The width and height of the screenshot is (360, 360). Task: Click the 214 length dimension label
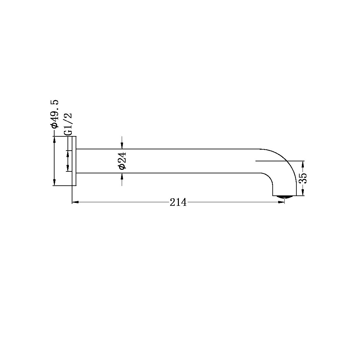(178, 202)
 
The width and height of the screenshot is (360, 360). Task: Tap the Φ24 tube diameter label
(122, 161)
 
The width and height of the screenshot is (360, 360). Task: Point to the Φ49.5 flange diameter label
(54, 114)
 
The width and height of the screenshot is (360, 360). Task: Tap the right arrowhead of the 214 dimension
(281, 202)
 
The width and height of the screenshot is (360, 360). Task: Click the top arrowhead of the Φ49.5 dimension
(54, 139)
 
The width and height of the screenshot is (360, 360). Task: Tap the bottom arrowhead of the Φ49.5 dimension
(54, 182)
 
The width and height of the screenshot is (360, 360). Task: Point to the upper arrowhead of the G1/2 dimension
(68, 153)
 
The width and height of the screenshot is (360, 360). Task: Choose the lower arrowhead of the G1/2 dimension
(68, 168)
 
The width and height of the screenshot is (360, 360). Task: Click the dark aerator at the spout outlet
(284, 196)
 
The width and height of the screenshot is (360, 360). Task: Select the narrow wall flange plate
(74, 161)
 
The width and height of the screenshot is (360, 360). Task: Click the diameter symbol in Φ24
(122, 167)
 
